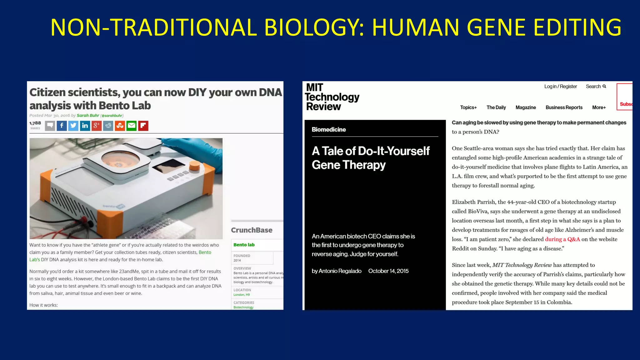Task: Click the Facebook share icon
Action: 62,126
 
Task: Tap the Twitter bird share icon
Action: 73,126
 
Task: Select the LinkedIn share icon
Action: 85,126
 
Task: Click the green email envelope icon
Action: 132,126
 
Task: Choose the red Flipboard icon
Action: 143,126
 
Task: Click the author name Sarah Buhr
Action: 88,116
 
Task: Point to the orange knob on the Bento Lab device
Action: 194,166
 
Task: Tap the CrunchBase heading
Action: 252,230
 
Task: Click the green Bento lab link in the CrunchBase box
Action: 244,245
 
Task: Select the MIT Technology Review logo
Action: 332,97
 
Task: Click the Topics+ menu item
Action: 468,107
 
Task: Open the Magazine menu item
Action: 526,107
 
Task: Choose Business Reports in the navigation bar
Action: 564,107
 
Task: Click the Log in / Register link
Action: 560,87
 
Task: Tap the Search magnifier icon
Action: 604,87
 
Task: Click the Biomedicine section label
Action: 329,130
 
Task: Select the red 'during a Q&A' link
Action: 562,239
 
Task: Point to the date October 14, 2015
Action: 388,271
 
